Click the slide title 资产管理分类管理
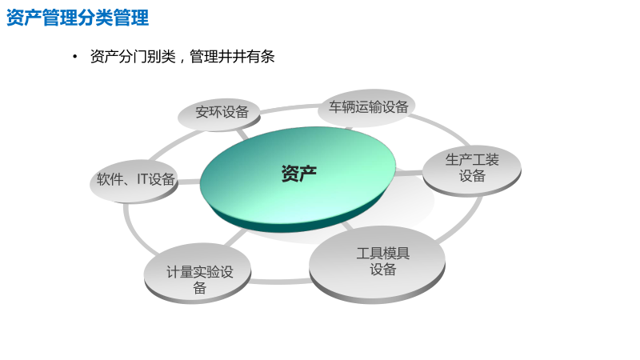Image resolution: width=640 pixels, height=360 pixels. click(x=78, y=18)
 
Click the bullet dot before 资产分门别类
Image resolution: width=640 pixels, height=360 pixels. click(x=74, y=57)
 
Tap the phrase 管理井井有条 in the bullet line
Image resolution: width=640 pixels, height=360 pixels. click(x=232, y=57)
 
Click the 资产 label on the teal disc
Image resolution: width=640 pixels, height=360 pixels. click(x=298, y=174)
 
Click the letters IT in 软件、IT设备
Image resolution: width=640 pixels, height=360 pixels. click(x=144, y=179)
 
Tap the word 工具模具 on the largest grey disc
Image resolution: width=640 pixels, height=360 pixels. click(x=382, y=254)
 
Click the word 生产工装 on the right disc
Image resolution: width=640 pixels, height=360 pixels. click(x=472, y=160)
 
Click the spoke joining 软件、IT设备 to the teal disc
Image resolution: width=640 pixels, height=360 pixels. click(x=190, y=182)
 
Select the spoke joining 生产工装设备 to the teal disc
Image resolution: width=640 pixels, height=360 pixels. click(x=410, y=172)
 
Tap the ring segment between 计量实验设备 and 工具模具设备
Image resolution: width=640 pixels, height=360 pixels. click(x=280, y=281)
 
